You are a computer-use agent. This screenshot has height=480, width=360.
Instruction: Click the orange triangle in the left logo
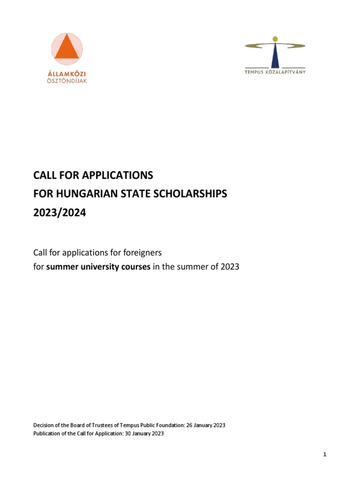[67, 49]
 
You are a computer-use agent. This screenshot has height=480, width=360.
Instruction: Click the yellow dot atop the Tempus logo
[275, 39]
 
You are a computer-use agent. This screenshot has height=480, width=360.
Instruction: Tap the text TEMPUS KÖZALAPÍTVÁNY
[275, 72]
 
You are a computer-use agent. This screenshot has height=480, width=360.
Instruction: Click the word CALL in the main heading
[45, 176]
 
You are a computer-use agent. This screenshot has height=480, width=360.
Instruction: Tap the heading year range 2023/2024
[60, 212]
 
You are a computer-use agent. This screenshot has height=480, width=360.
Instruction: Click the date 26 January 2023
[206, 425]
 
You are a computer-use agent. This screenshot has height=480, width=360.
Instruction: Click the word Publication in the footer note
[46, 434]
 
